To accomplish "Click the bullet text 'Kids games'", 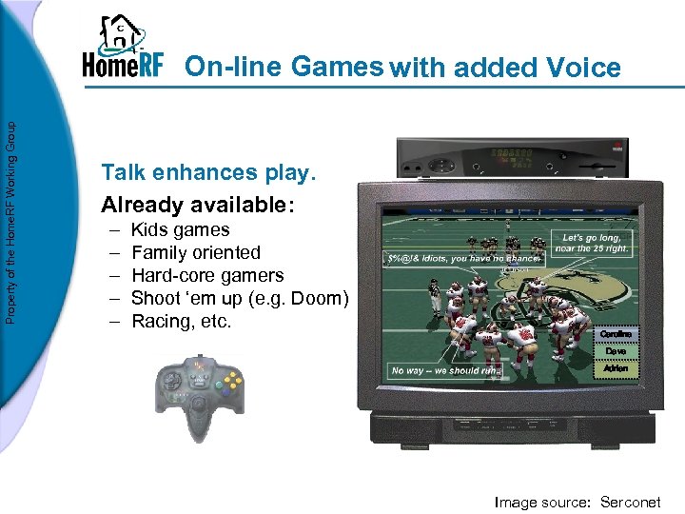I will tap(180, 229).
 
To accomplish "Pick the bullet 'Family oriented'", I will tap(195, 252).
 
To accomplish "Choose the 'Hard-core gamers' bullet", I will tap(206, 275).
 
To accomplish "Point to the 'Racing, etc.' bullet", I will tap(181, 321).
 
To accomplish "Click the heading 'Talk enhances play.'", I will tap(207, 172).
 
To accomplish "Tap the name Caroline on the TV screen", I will tap(616, 334).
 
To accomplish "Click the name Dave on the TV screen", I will tap(616, 351).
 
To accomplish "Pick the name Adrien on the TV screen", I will tap(616, 368).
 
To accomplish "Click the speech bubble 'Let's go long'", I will tap(597, 243).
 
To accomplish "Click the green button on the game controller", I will tap(218, 384).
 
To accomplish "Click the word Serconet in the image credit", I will tap(630, 502).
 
